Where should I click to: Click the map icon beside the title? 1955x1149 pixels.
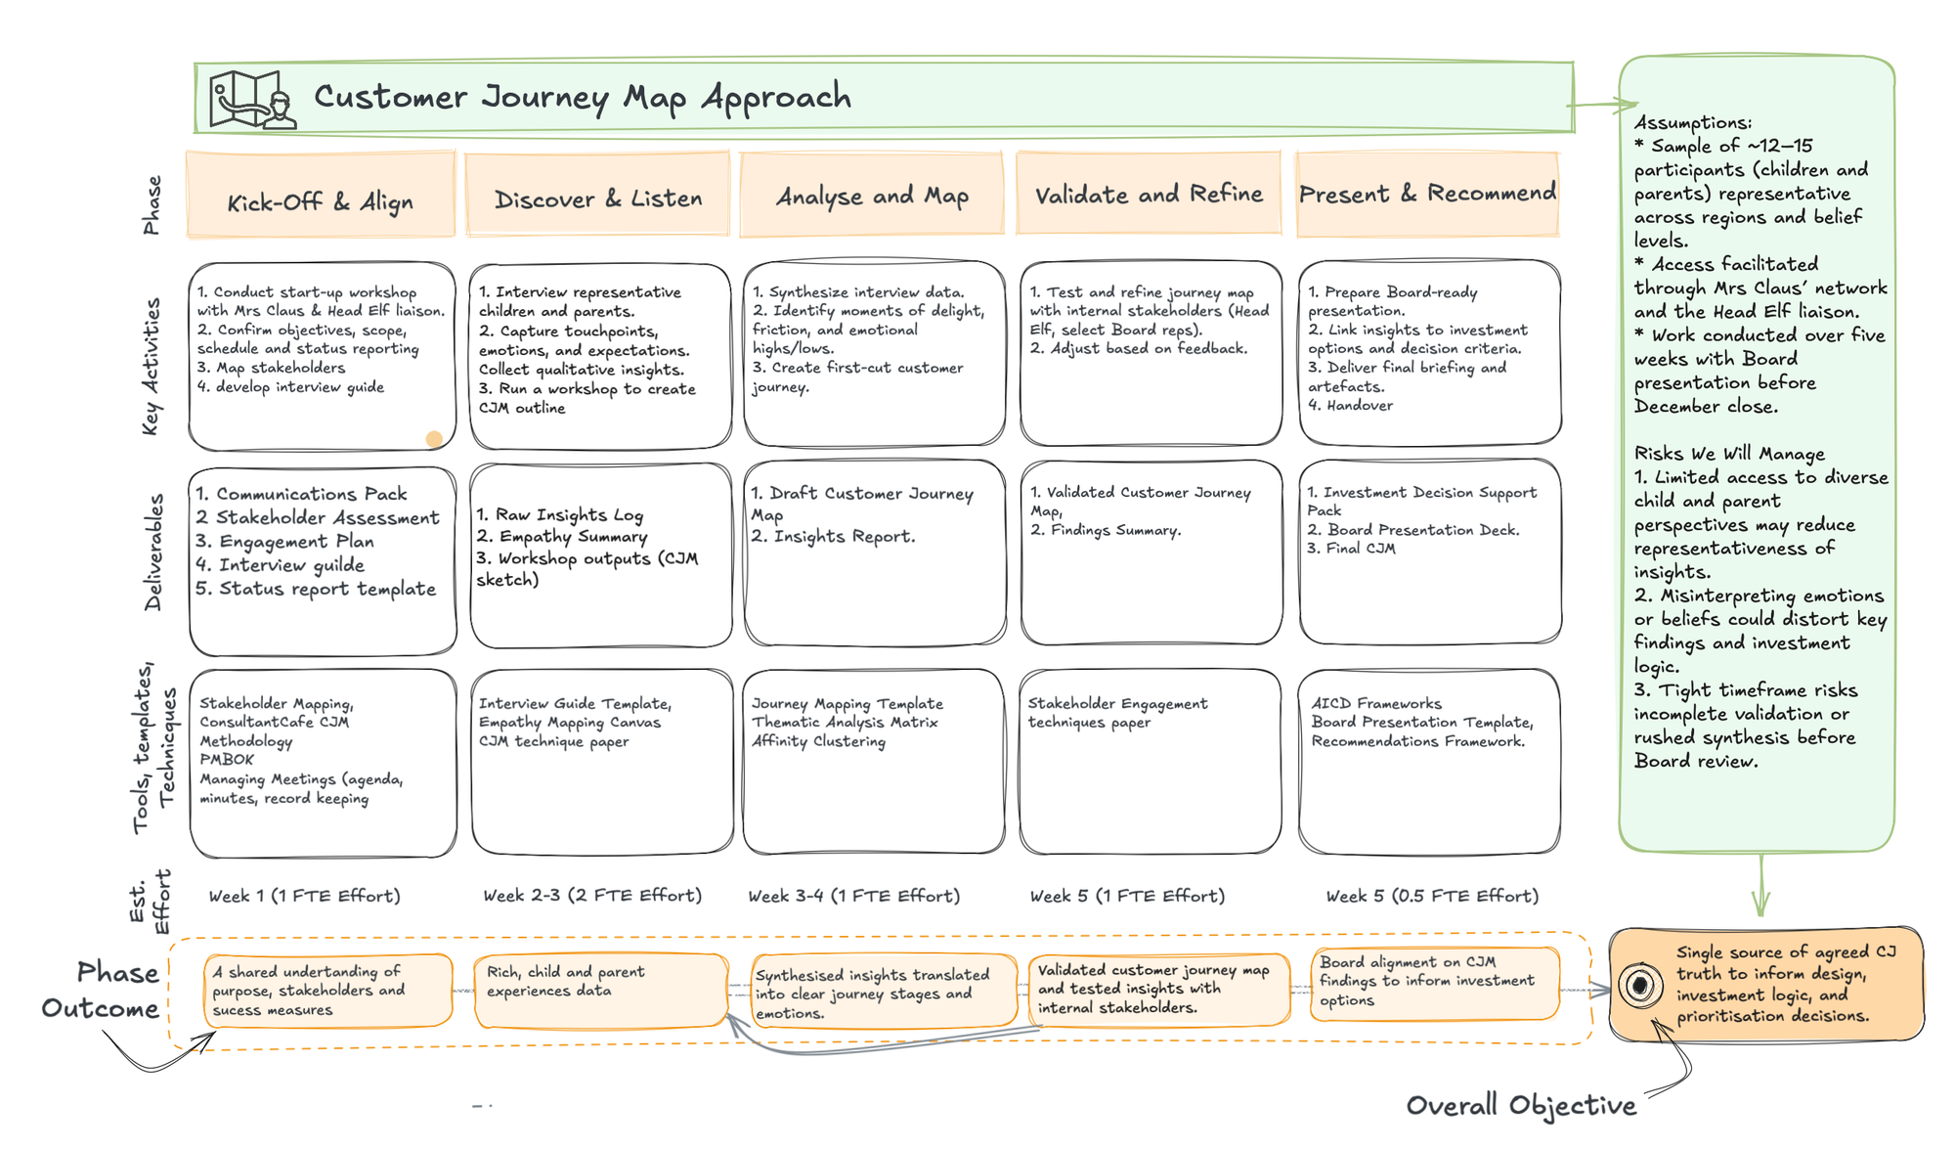[x=252, y=99]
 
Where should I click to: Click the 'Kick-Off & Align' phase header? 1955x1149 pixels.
[x=321, y=201]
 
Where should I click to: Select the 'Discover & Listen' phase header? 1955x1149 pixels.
[x=598, y=199]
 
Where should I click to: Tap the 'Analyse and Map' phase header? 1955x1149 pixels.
[x=872, y=197]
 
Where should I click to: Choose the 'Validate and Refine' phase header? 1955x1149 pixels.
[x=1149, y=195]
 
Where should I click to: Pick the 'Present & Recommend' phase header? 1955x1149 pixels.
[x=1427, y=194]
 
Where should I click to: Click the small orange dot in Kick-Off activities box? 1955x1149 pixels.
[x=434, y=439]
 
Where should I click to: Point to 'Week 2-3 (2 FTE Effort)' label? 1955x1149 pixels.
[x=592, y=895]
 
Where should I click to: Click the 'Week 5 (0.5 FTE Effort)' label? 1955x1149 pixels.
[x=1432, y=895]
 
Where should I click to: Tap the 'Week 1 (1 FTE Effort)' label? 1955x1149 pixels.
[x=305, y=895]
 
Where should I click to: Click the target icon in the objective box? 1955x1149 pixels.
[x=1640, y=985]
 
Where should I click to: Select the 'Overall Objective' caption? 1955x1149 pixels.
[x=1520, y=1105]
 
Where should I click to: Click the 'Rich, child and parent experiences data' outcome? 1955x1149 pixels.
[x=600, y=990]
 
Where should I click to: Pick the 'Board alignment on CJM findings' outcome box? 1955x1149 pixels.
[x=1433, y=982]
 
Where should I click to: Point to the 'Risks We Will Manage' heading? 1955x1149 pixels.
[x=1729, y=454]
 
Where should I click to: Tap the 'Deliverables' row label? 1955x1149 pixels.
[x=153, y=552]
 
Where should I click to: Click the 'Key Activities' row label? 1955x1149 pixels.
[x=151, y=367]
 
